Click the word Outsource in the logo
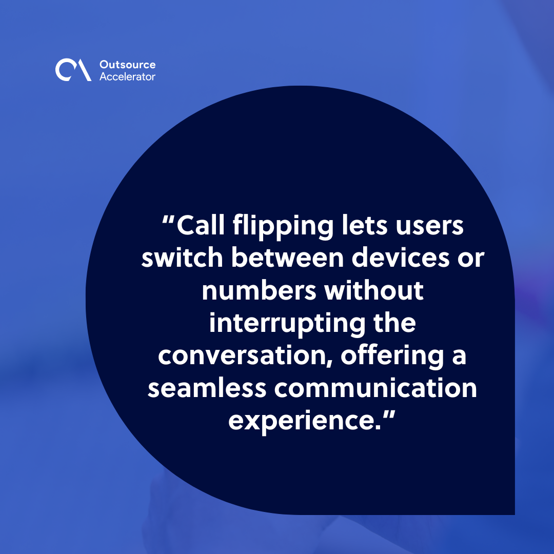point(127,65)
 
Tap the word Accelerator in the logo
point(127,76)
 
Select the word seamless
point(207,388)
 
